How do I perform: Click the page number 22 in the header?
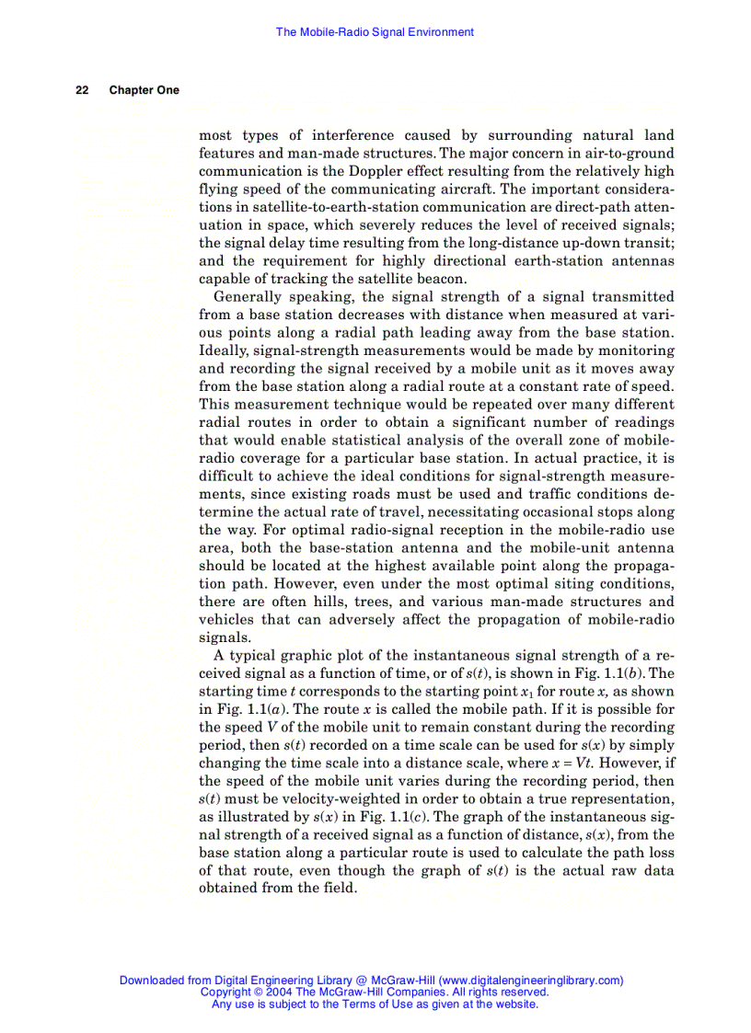(82, 90)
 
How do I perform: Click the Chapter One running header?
(144, 90)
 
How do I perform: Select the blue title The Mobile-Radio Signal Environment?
(375, 32)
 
